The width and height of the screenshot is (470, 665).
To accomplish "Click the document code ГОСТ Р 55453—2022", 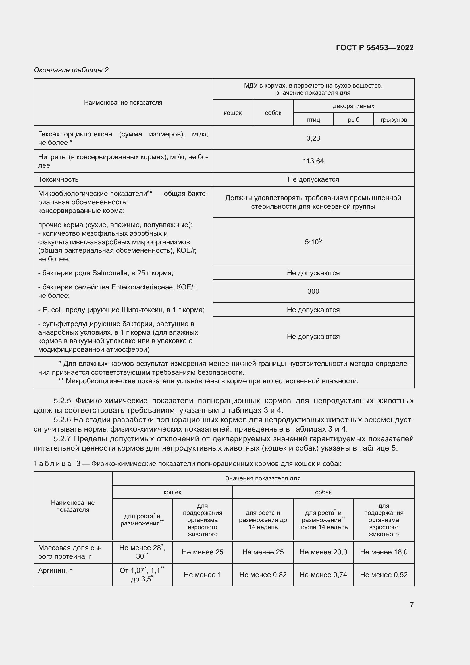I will coord(375,48).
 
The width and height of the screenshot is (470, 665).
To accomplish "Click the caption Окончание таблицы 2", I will coord(71,70).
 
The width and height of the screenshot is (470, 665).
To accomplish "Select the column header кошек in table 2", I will coord(232,113).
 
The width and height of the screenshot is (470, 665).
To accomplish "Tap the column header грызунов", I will coord(394,120).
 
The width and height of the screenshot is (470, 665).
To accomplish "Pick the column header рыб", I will coord(353,120).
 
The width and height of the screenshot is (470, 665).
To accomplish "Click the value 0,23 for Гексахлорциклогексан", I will coord(313,138).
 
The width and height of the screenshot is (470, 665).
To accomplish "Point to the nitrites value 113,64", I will coord(313,161).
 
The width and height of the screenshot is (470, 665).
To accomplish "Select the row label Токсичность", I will coord(58,179).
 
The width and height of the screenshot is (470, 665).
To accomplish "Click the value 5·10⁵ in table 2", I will coord(313,242).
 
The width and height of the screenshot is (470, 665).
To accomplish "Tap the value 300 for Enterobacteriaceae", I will coord(313,291).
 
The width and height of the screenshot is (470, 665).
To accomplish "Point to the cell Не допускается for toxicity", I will coord(313,179).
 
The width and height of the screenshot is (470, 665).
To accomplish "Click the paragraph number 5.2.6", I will coord(62,420).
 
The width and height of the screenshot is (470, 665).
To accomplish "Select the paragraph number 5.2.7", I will coord(62,439).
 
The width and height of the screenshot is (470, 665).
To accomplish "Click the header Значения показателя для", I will coord(263,478).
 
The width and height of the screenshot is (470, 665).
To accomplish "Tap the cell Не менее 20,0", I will coord(323,552).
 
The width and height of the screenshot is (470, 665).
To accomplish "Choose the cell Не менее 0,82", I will coord(263,575).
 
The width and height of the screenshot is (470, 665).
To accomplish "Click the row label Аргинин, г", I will coord(55,571).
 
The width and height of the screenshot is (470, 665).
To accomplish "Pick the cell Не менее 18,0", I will coord(383,552).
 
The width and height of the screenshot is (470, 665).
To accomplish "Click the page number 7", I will coord(411,605).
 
